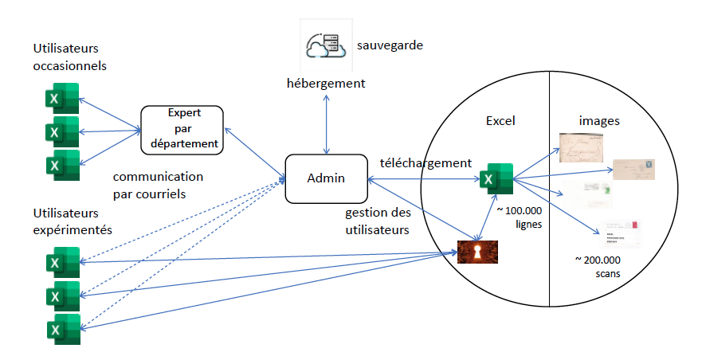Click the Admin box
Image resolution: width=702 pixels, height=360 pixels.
pos(326,178)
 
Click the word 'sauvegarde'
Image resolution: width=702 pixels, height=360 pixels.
pos(390,45)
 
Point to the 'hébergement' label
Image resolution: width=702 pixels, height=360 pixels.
pos(326,83)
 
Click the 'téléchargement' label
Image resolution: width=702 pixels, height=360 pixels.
pos(426,162)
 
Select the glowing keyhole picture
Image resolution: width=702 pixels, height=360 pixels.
pos(477,252)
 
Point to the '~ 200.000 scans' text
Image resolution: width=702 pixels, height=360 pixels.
pos(598,266)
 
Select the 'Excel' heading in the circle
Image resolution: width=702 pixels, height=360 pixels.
pos(500,121)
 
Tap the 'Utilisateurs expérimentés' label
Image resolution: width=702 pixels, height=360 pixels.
pos(73,221)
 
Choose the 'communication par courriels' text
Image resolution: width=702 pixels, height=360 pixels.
pos(158,184)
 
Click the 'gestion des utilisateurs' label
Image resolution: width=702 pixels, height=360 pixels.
pos(377,221)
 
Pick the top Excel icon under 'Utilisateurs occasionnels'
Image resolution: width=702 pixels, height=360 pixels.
pos(62,99)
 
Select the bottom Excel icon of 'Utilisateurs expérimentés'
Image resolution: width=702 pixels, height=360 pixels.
pos(62,330)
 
